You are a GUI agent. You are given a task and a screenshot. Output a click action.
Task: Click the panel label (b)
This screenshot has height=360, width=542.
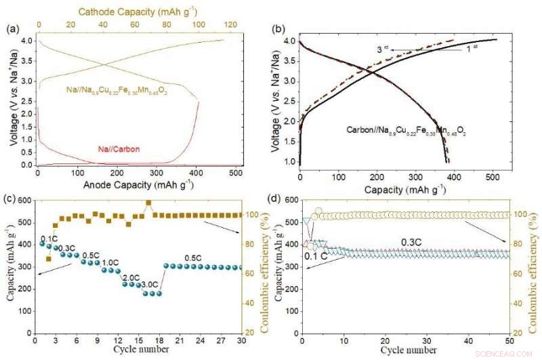pos(277,28)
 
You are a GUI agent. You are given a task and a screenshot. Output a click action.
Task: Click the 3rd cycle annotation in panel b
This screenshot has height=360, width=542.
pos(383,49)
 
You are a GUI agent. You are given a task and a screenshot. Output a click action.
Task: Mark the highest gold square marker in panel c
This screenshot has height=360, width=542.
pos(148,203)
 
